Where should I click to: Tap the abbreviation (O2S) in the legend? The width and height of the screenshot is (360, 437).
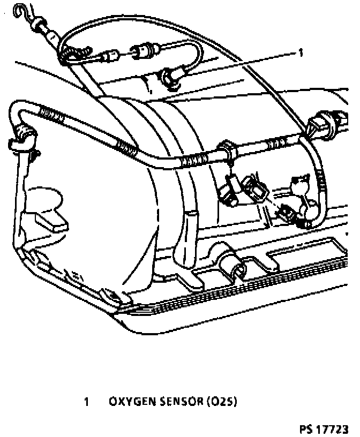tap(221, 401)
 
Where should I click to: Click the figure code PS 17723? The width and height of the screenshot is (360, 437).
tap(324, 429)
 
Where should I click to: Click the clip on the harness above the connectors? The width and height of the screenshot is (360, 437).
tap(227, 148)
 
